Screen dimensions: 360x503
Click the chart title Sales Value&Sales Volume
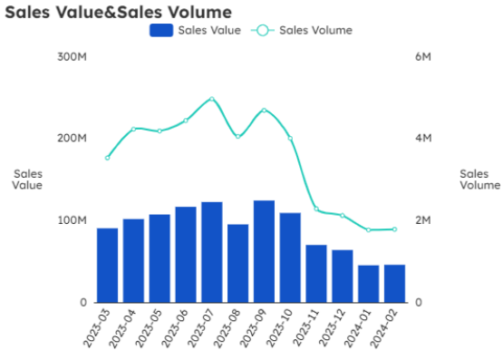[118, 12]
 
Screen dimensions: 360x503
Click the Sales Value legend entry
[196, 30]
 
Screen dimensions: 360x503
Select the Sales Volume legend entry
[303, 30]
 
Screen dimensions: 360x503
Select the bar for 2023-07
[212, 252]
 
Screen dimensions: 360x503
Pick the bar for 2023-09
[264, 251]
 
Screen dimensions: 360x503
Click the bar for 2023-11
[316, 273]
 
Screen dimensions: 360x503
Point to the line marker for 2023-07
[212, 99]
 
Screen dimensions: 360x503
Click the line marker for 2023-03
[107, 158]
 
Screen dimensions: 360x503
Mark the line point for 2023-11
[316, 209]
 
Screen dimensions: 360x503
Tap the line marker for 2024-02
[394, 229]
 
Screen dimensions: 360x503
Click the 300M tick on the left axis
[72, 56]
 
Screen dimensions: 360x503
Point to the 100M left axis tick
[72, 220]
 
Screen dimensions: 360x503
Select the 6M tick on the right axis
[422, 56]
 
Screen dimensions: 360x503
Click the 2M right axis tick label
[422, 220]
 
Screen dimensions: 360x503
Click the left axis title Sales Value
[27, 179]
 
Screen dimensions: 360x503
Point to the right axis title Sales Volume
[479, 179]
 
